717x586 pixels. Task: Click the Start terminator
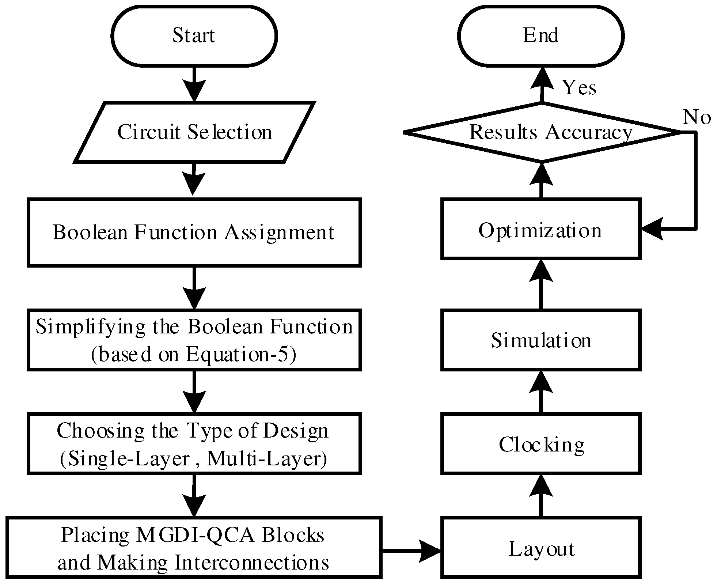tap(194, 36)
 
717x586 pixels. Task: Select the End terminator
tap(540, 36)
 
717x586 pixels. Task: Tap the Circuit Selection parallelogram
tap(194, 132)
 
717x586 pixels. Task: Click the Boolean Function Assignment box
tap(194, 232)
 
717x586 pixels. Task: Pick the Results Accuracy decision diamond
tap(542, 132)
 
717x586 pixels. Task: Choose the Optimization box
tap(540, 230)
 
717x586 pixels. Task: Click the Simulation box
tap(540, 340)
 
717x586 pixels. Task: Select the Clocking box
tap(540, 444)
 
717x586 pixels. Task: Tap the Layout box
tap(540, 548)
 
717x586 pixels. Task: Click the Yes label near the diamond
tap(579, 88)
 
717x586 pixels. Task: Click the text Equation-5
tap(240, 354)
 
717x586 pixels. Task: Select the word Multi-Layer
tap(266, 458)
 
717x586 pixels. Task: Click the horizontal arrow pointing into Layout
tap(411, 551)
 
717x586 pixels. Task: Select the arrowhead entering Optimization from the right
tap(652, 229)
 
